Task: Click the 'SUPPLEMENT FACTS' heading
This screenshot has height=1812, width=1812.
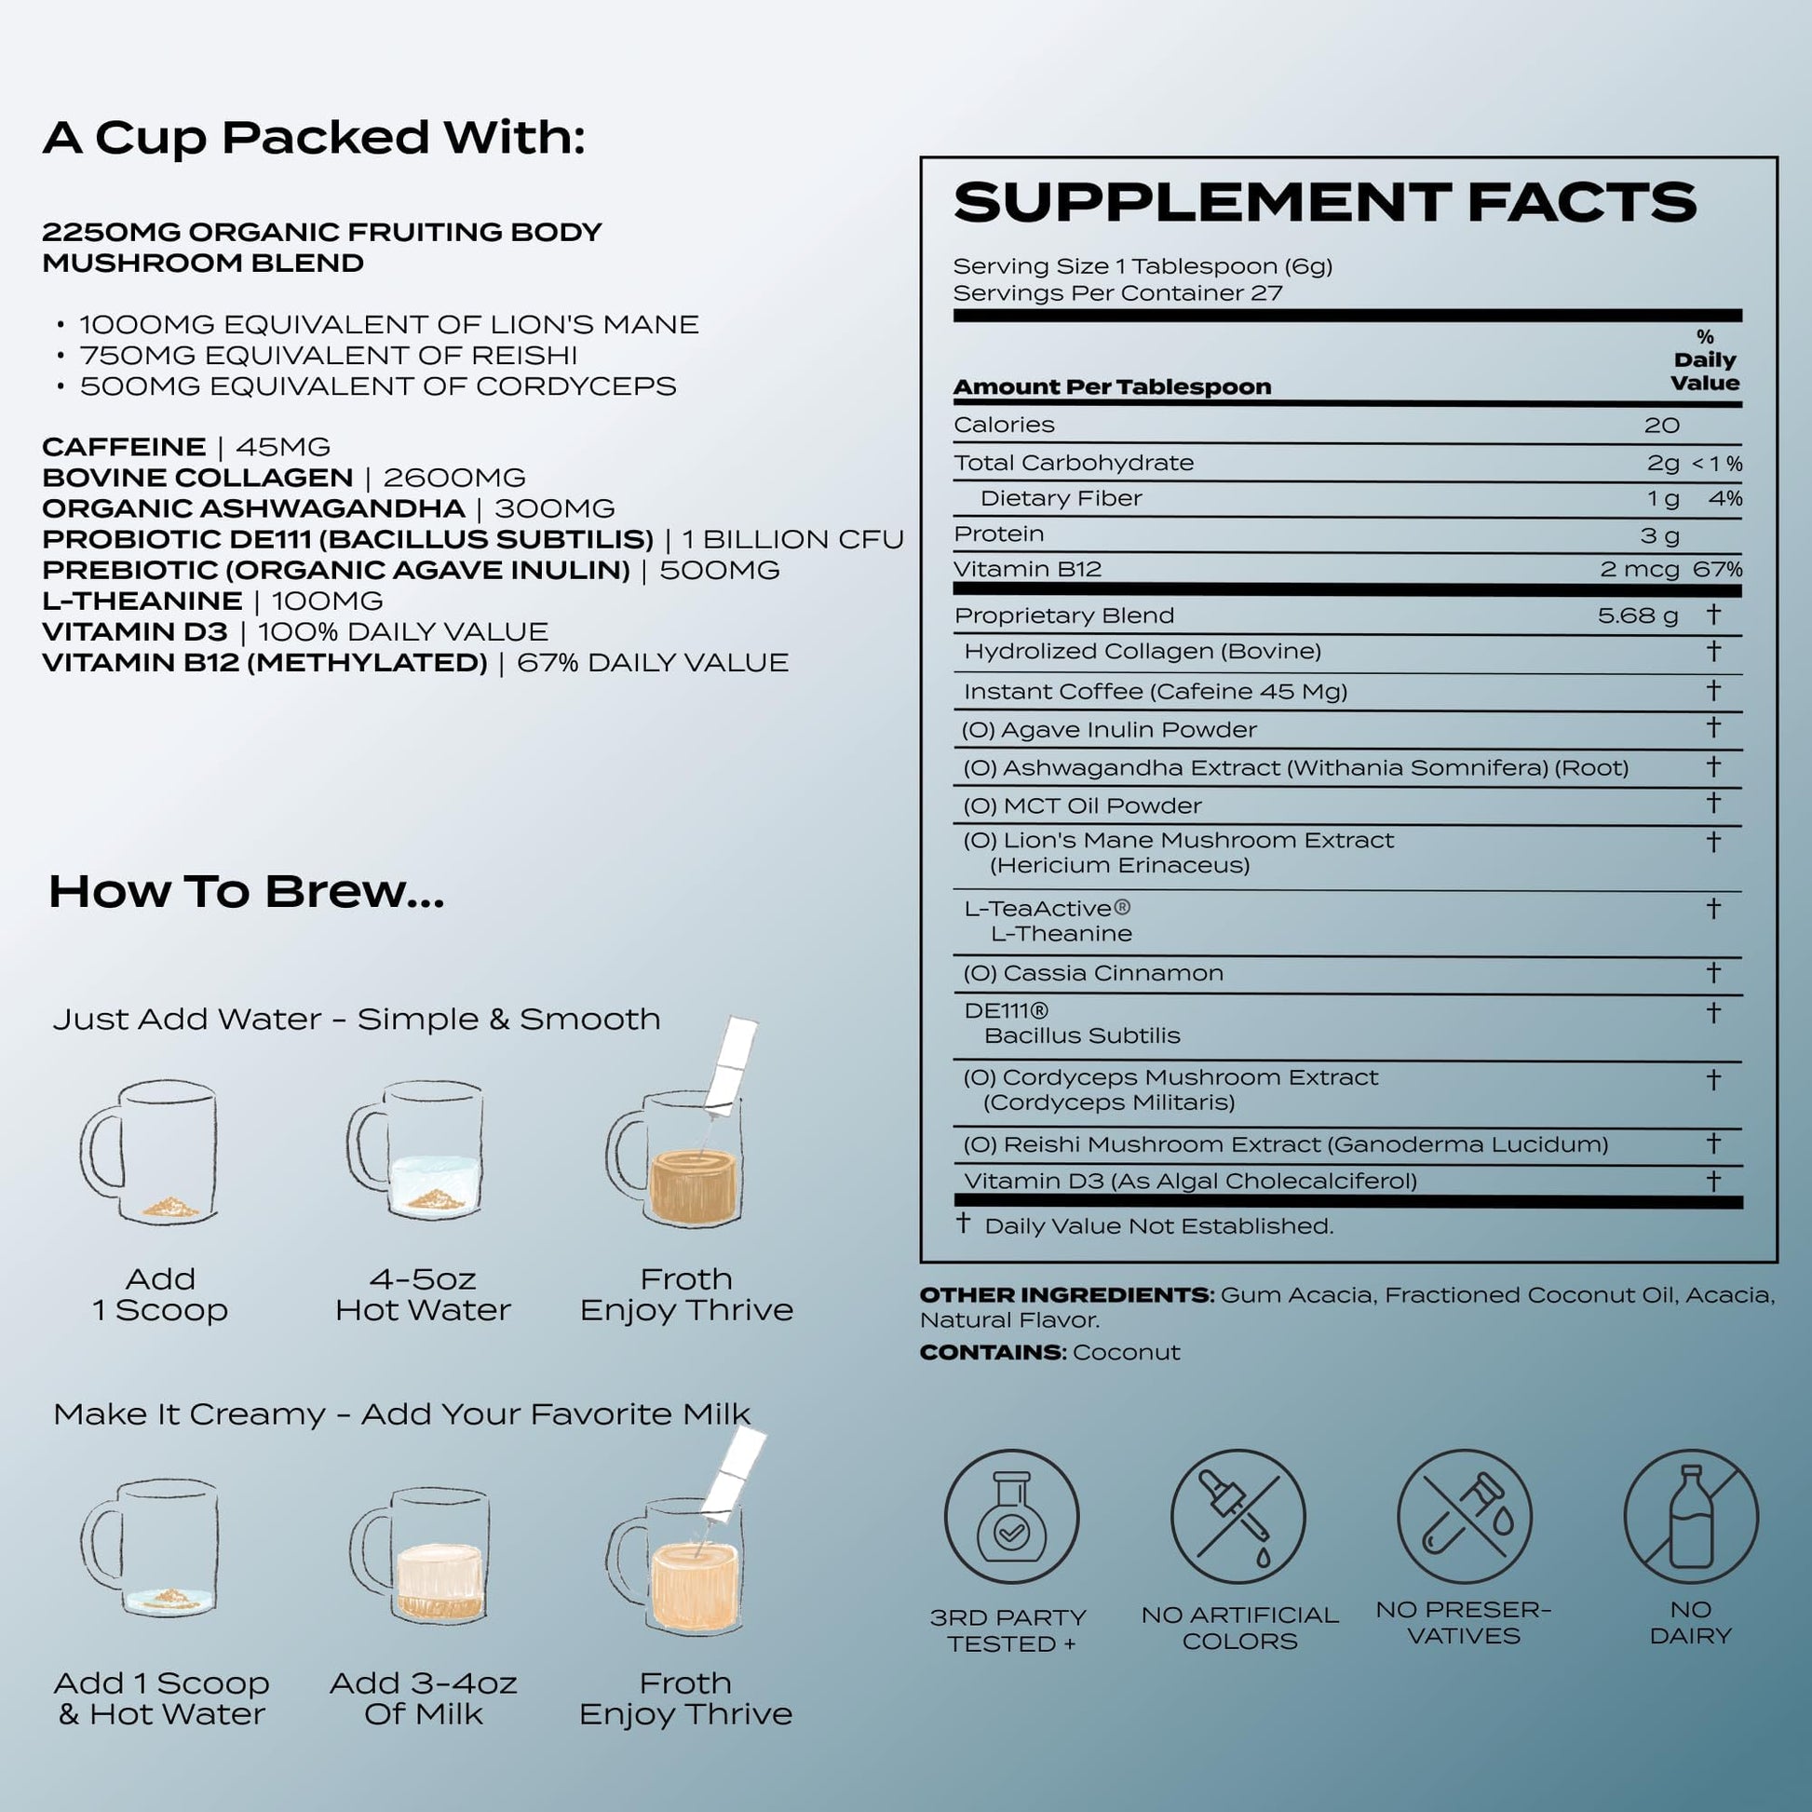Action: pos(1324,204)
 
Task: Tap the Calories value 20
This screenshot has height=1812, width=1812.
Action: pos(1661,426)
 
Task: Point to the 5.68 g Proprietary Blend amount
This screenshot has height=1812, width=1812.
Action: pos(1638,615)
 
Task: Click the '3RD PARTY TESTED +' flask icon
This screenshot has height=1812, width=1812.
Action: pos(1011,1517)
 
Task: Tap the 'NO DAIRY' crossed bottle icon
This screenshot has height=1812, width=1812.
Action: pos(1691,1517)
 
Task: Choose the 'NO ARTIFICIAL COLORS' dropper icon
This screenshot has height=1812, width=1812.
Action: pos(1238,1517)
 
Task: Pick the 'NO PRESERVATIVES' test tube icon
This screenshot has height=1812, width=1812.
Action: pos(1464,1517)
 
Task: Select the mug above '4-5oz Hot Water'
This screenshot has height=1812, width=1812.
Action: pos(418,1153)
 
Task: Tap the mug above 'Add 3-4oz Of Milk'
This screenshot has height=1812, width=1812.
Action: pos(422,1556)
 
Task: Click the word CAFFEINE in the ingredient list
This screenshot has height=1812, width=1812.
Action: pos(124,447)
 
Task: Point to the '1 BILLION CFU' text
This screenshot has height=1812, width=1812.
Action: pos(792,540)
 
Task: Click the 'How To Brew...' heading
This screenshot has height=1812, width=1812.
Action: pos(246,892)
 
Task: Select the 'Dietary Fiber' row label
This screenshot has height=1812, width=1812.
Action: pos(1060,499)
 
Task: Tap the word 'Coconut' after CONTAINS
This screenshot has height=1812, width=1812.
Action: pos(1126,1352)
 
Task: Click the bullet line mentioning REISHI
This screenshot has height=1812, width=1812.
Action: pos(329,356)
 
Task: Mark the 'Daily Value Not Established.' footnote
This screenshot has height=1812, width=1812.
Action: pos(1158,1225)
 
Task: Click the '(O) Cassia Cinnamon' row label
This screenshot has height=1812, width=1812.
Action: pos(1092,974)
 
